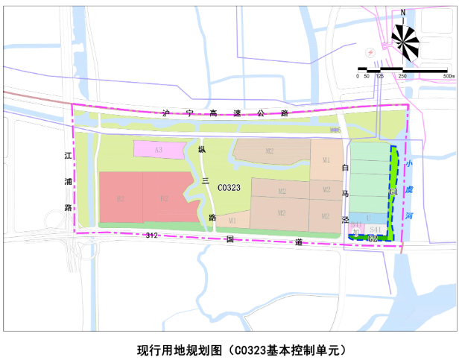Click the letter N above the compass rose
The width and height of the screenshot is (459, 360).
403,12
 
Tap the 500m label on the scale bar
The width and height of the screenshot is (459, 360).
448,76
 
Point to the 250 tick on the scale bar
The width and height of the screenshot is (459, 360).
402,76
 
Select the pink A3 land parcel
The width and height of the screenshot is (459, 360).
158,150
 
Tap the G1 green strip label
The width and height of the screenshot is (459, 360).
393,192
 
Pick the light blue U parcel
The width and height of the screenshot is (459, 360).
367,216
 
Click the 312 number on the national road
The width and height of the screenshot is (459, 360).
152,236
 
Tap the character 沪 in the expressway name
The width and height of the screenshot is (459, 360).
167,114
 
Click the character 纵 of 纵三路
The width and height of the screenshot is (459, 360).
201,149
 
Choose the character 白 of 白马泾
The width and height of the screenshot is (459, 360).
344,168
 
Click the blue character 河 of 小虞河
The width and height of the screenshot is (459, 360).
411,215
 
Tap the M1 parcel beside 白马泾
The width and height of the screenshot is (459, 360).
326,160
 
